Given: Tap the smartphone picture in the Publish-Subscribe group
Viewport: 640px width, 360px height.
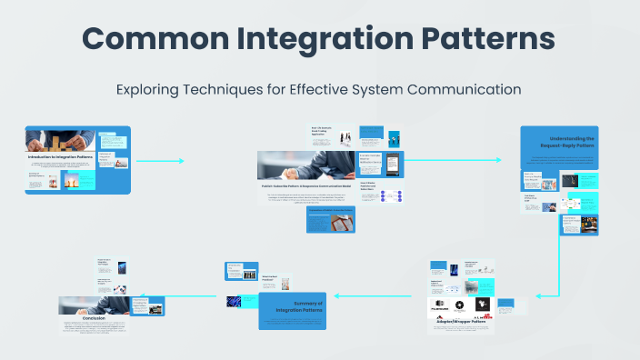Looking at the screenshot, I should tap(394, 165).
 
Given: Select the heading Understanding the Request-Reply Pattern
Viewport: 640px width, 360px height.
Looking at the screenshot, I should tap(558, 143).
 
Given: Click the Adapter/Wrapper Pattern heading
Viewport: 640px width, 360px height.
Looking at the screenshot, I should tap(461, 322).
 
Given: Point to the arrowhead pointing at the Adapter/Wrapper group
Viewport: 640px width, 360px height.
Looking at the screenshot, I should tap(538, 295).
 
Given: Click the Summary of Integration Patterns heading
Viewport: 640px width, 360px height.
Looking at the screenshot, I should tap(295, 307).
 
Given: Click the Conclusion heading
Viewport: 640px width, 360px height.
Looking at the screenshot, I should tap(95, 317).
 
